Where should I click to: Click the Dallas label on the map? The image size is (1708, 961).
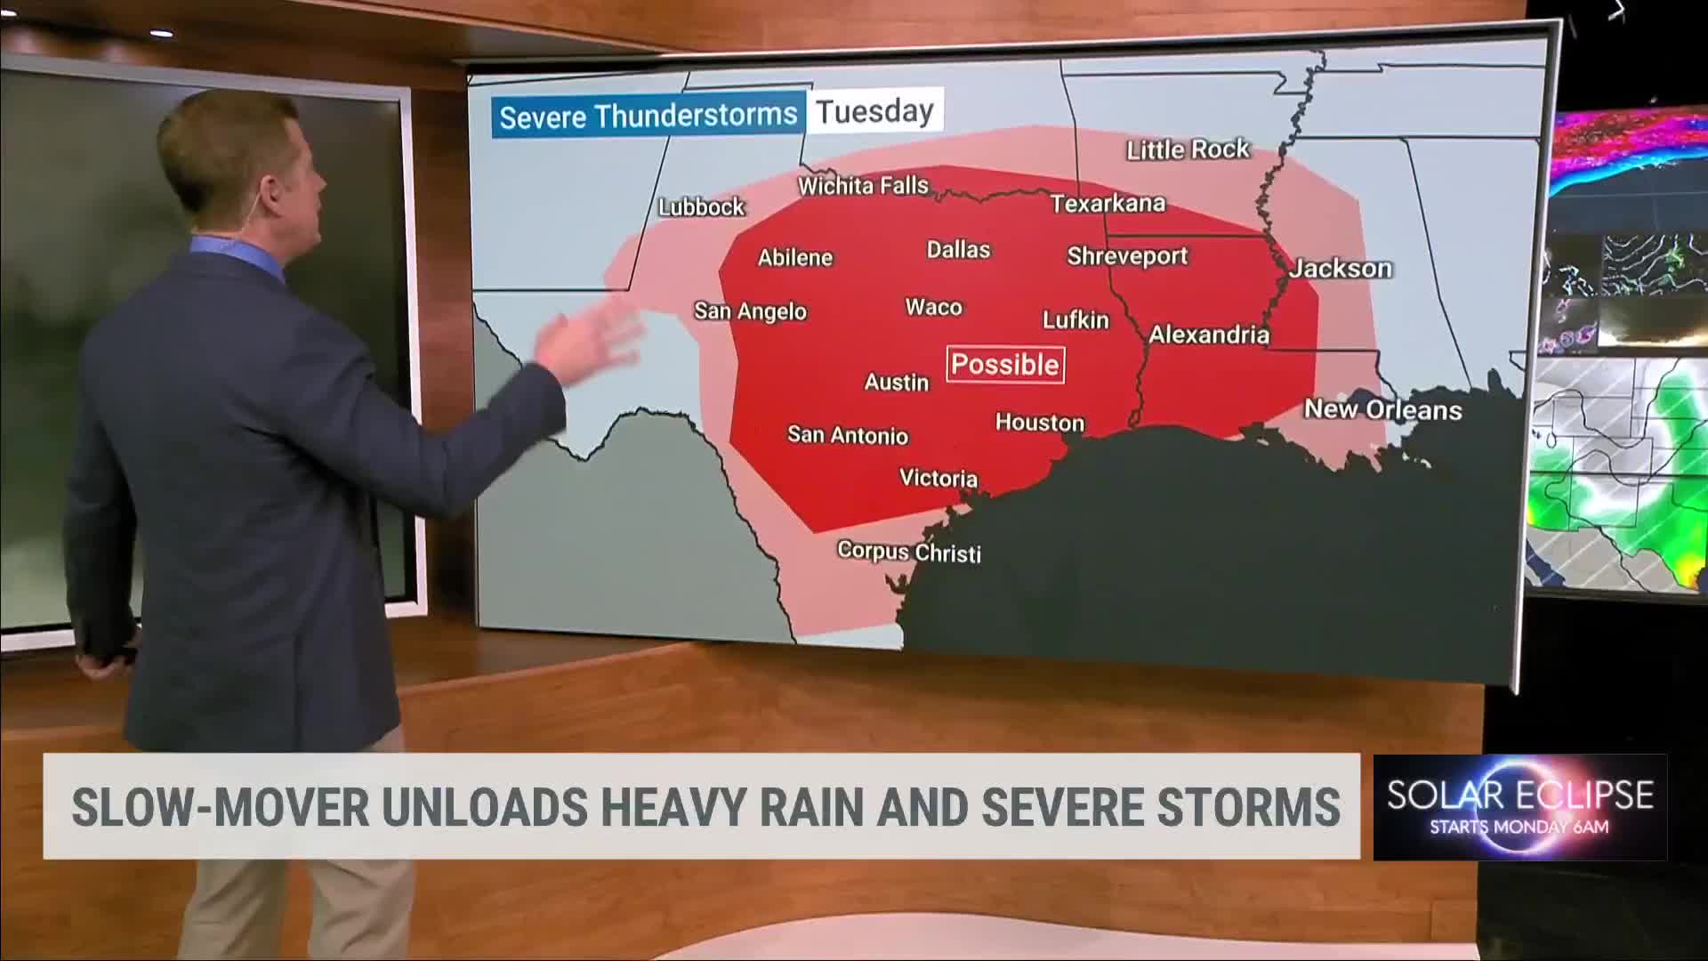pyautogui.click(x=958, y=249)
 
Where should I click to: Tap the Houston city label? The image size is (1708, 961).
pyautogui.click(x=1039, y=423)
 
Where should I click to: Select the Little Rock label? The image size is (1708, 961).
pyautogui.click(x=1188, y=149)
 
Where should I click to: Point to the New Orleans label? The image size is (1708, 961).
pyautogui.click(x=1382, y=409)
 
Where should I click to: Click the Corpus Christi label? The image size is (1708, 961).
pyautogui.click(x=909, y=552)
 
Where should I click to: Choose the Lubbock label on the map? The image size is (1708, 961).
pyautogui.click(x=701, y=207)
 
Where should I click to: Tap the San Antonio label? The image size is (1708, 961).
pyautogui.click(x=847, y=435)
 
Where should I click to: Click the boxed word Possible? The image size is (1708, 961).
pyautogui.click(x=1005, y=364)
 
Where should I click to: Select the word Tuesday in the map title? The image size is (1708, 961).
pyautogui.click(x=874, y=112)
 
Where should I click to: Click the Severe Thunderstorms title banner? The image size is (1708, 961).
pyautogui.click(x=649, y=116)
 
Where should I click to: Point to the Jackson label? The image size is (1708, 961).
pyautogui.click(x=1341, y=268)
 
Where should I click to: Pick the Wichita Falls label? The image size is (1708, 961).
pyautogui.click(x=863, y=186)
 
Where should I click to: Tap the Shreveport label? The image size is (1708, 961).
pyautogui.click(x=1127, y=256)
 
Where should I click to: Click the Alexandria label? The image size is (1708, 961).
pyautogui.click(x=1208, y=335)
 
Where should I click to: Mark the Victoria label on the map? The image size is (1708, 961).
pyautogui.click(x=938, y=478)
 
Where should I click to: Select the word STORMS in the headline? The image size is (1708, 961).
pyautogui.click(x=1249, y=807)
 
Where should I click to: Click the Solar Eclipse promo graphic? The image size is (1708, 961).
pyautogui.click(x=1519, y=807)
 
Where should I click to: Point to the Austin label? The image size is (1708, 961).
pyautogui.click(x=896, y=383)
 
